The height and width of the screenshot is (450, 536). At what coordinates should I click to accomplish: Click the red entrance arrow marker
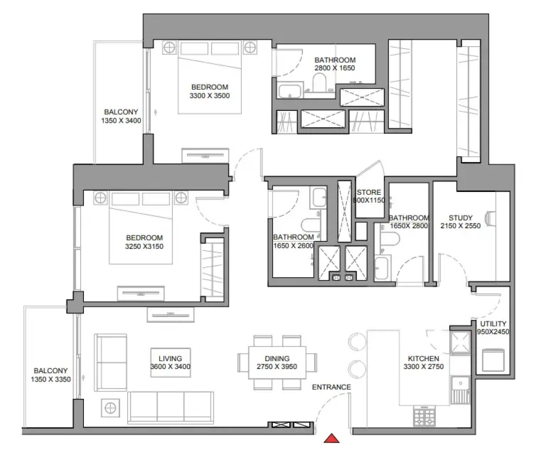click(x=332, y=439)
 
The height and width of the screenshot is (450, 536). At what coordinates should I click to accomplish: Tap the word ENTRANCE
click(x=331, y=387)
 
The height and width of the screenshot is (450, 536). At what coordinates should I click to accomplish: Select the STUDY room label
click(x=461, y=218)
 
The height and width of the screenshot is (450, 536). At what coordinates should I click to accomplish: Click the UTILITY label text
click(x=493, y=324)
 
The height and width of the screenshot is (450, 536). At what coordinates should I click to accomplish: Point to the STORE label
click(x=369, y=192)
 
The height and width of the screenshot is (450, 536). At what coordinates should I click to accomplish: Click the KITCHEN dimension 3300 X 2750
click(x=423, y=366)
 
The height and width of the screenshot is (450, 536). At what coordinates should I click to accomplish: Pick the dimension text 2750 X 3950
click(x=277, y=366)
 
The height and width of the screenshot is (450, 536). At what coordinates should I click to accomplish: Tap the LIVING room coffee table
click(x=171, y=362)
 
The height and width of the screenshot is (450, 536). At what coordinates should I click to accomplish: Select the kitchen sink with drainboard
click(x=461, y=390)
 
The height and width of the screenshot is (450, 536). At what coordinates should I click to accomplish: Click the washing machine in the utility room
click(x=493, y=360)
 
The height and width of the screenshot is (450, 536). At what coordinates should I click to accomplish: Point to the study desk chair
click(x=490, y=218)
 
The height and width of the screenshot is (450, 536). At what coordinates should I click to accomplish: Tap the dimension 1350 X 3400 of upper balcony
click(x=121, y=120)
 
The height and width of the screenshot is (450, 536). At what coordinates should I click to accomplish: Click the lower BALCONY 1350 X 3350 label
click(x=51, y=375)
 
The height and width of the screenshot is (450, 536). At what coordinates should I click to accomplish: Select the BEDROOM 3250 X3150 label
click(x=144, y=242)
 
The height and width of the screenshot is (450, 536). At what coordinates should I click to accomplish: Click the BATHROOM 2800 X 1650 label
click(x=335, y=64)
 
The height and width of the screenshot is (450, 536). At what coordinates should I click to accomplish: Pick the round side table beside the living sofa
click(x=110, y=408)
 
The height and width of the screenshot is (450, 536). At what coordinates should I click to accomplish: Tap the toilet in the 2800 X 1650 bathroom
click(x=319, y=82)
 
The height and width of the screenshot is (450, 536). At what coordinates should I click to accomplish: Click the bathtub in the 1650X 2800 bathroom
click(x=383, y=268)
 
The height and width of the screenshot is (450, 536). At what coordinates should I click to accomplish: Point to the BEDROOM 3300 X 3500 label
click(x=209, y=91)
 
